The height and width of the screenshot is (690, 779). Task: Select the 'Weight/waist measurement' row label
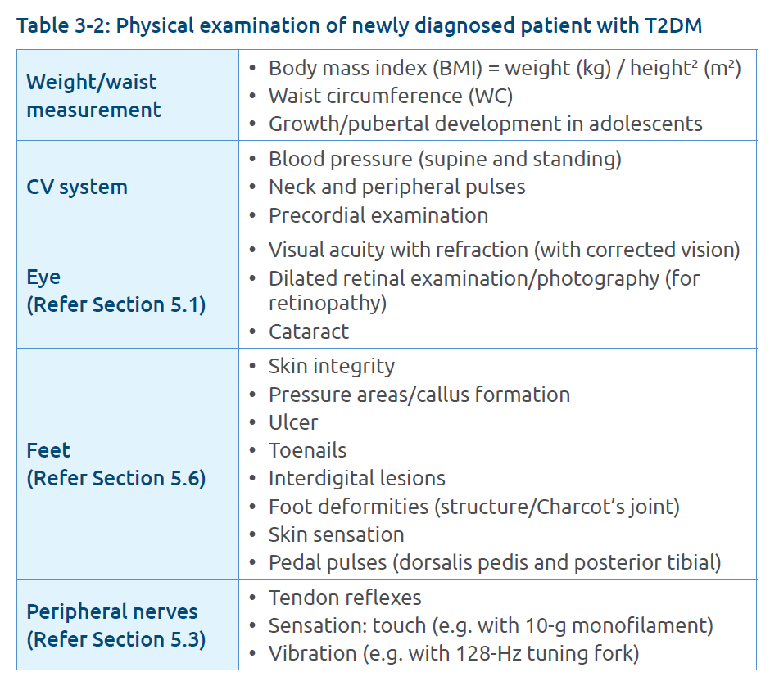pyautogui.click(x=92, y=96)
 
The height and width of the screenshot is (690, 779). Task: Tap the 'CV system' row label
pyautogui.click(x=77, y=187)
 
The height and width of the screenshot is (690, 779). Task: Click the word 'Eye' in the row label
pyautogui.click(x=43, y=277)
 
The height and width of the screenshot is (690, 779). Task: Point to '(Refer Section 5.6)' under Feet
pyautogui.click(x=115, y=478)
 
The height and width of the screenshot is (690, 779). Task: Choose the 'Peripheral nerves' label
pyautogui.click(x=112, y=611)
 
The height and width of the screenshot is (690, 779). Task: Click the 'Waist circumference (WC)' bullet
pyautogui.click(x=390, y=96)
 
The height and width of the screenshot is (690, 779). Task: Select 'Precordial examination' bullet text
pyautogui.click(x=378, y=215)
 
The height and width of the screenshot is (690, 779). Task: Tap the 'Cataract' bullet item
pyautogui.click(x=308, y=331)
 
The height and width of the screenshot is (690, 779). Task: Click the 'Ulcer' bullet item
pyautogui.click(x=292, y=422)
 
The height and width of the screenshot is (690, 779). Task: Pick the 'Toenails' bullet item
pyautogui.click(x=307, y=450)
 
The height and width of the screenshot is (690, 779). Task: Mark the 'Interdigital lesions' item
pyautogui.click(x=356, y=478)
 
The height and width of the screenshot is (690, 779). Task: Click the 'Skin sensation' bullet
pyautogui.click(x=336, y=534)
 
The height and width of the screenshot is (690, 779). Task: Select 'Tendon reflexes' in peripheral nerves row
pyautogui.click(x=344, y=598)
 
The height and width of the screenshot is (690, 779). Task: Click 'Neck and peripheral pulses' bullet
pyautogui.click(x=396, y=187)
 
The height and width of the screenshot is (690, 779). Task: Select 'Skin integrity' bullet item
pyautogui.click(x=331, y=366)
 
